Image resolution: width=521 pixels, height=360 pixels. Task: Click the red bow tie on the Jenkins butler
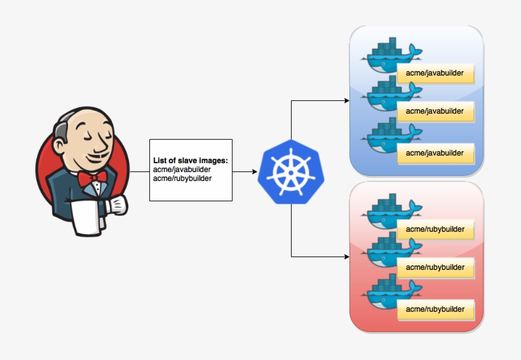[93, 177]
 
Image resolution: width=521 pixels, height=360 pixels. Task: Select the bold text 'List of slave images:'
[190, 161]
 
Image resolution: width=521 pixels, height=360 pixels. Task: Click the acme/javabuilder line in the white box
[182, 170]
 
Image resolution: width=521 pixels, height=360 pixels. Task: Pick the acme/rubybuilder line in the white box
[182, 178]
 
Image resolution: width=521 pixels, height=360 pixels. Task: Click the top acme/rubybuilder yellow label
[435, 229]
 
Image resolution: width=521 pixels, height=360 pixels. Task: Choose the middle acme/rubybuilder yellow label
[435, 267]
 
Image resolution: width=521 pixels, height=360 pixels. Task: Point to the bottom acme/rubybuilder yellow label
[435, 309]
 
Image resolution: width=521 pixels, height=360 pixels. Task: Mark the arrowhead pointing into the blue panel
[346, 100]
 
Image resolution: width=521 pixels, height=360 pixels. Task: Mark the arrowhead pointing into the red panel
[346, 257]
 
